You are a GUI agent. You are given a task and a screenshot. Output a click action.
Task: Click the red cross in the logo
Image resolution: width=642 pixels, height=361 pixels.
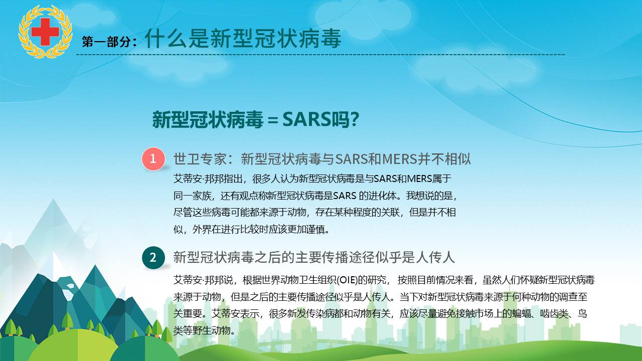point(45,32)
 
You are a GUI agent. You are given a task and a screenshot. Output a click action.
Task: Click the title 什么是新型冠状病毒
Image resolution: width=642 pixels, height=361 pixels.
point(243,39)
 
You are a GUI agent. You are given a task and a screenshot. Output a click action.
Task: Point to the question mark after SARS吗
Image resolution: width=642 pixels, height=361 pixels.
point(355,119)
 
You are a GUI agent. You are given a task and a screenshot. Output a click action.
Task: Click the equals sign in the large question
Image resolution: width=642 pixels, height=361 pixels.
point(273,120)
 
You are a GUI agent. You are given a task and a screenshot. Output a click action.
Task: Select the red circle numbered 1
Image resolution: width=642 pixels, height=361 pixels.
point(153,159)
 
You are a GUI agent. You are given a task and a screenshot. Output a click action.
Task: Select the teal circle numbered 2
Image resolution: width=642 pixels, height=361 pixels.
point(153,258)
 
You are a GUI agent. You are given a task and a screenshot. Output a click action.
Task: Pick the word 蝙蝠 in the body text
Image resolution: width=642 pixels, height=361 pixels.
point(521,314)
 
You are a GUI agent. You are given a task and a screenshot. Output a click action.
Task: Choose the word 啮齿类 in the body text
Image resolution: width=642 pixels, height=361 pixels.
point(554,314)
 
